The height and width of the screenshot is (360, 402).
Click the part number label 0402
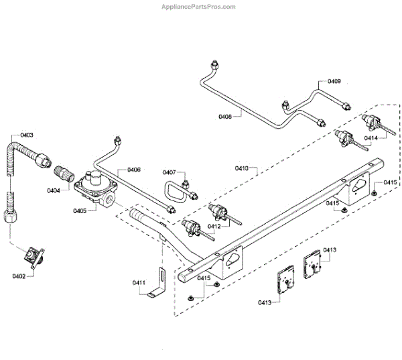click(x=19, y=276)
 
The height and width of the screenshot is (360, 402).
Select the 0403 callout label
click(x=26, y=135)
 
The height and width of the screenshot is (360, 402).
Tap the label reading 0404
click(x=54, y=190)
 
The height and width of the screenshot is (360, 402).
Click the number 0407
click(x=169, y=172)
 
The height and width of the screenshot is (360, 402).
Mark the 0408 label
click(x=224, y=117)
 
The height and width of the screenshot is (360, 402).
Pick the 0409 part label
click(x=333, y=81)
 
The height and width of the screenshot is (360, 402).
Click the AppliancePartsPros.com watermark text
click(x=199, y=7)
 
